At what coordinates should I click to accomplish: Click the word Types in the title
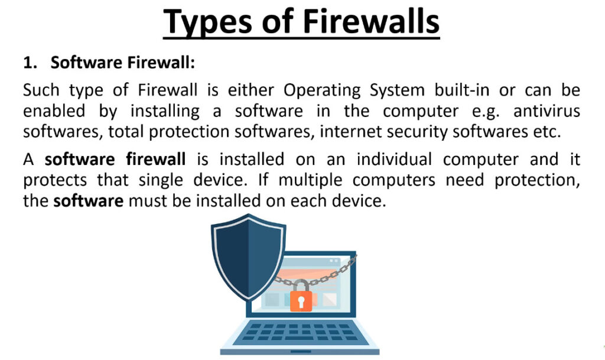(x=208, y=22)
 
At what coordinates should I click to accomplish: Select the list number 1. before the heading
(x=30, y=63)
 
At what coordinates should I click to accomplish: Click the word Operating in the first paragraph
(x=322, y=91)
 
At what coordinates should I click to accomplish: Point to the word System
(x=397, y=91)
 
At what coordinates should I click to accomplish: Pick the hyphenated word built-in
(x=462, y=90)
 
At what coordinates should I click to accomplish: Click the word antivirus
(x=547, y=111)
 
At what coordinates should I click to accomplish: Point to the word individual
(x=394, y=160)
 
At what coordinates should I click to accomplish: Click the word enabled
(x=54, y=111)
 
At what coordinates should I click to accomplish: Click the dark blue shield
(x=249, y=257)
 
